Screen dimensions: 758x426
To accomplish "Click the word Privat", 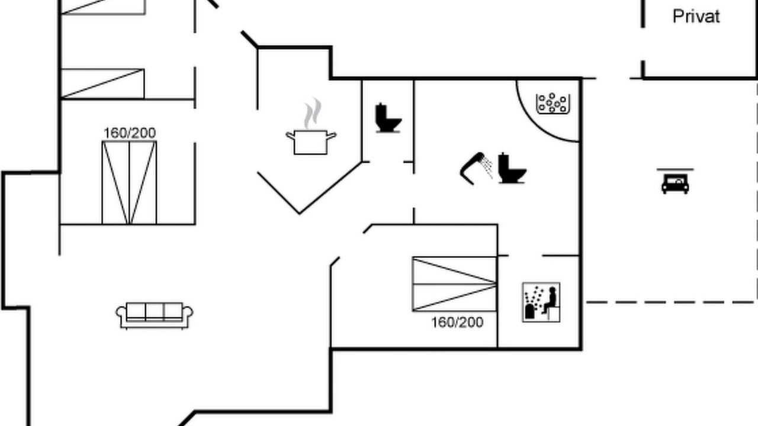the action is pos(696,17).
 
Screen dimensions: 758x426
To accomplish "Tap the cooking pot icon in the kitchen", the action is pos(311,142).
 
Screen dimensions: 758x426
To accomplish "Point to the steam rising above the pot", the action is pos(312,113).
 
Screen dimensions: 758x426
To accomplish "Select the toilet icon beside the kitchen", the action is pos(388,118).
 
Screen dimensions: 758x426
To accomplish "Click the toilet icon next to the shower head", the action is pos(512,169).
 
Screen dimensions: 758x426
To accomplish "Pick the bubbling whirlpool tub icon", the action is pos(553,103).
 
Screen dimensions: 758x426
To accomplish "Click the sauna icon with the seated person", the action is pos(541,302).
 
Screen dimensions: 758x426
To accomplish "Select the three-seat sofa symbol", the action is pos(155,316).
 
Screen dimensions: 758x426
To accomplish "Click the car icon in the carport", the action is pos(675,183).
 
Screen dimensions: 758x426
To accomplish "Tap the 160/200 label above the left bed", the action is pos(130,133).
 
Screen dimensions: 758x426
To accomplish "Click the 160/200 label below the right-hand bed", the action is pos(457,322).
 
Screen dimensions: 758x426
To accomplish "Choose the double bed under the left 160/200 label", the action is pos(129,183).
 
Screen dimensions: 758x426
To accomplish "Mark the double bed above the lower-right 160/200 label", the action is pos(454,284).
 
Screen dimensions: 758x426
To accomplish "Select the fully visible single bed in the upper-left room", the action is pos(102,84).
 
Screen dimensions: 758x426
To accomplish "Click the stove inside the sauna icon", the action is pos(529,311).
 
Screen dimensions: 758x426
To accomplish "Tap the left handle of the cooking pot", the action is pos(290,135).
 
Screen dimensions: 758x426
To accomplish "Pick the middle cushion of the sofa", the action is pos(155,311).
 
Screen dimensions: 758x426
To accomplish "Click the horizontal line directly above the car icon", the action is pos(675,169).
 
